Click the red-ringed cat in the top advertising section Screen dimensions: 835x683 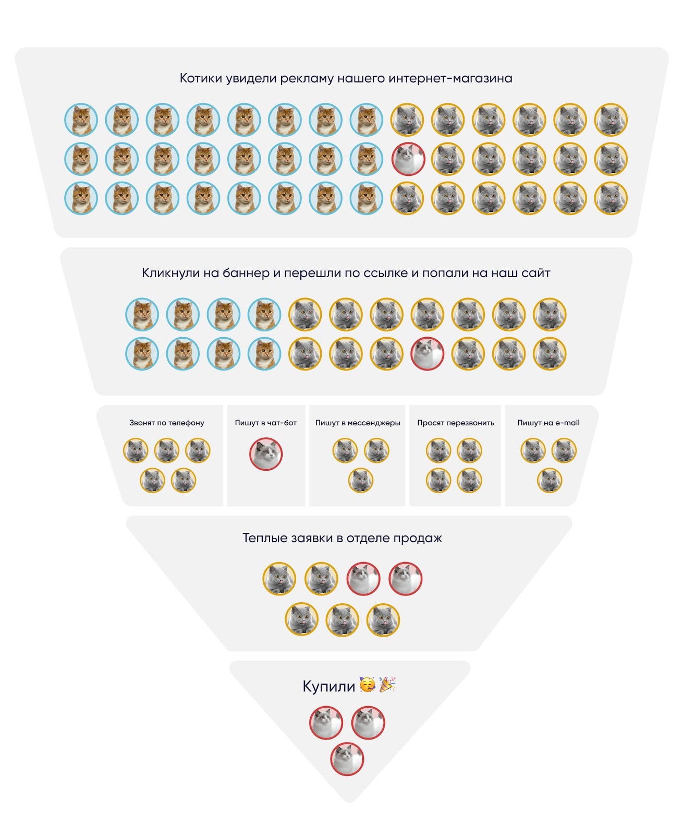click(408, 159)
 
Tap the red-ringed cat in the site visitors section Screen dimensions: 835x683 click(428, 353)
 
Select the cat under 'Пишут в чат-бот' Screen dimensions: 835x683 click(266, 454)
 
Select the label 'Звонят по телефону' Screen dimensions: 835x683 click(167, 423)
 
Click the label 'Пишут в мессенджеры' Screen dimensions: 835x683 click(358, 423)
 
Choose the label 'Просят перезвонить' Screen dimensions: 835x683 click(456, 423)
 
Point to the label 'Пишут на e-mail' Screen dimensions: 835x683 click(548, 423)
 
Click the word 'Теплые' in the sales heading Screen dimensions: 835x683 click(264, 538)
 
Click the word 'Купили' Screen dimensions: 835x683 click(328, 686)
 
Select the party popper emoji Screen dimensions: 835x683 click(387, 685)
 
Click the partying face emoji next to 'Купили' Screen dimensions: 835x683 click(367, 685)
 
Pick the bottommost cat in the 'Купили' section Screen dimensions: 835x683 click(347, 759)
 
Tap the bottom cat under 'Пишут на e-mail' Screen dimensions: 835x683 click(550, 481)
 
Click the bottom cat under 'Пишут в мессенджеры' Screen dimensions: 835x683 click(361, 481)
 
